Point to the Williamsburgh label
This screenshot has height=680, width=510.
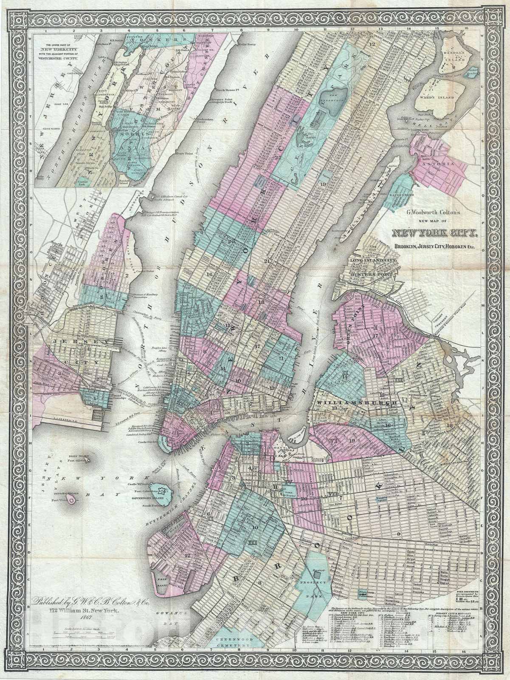pos(356,402)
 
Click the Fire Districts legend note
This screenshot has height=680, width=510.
pos(479,581)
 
